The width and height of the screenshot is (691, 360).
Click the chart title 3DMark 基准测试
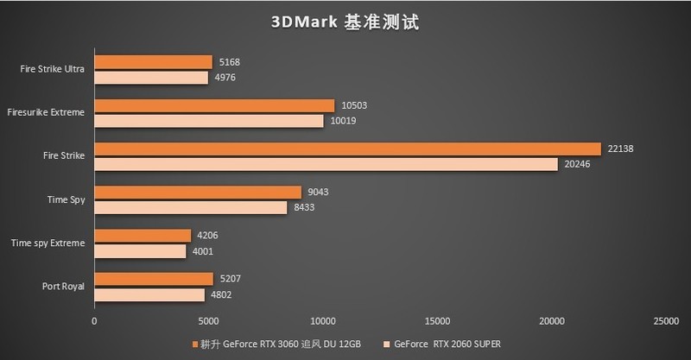[345, 22]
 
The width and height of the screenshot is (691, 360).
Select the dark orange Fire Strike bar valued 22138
[347, 148]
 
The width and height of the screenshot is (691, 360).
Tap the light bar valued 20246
[326, 164]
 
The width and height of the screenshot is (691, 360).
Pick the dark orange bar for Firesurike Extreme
[214, 105]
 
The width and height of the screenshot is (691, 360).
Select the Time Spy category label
[66, 199]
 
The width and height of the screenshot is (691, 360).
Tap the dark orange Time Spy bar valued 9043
[198, 192]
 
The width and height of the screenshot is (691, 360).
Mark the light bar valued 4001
[140, 251]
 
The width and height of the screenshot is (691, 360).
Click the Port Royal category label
[62, 286]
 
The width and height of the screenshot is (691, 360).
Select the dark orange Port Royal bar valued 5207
[153, 278]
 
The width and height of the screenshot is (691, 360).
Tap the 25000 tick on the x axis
[665, 320]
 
